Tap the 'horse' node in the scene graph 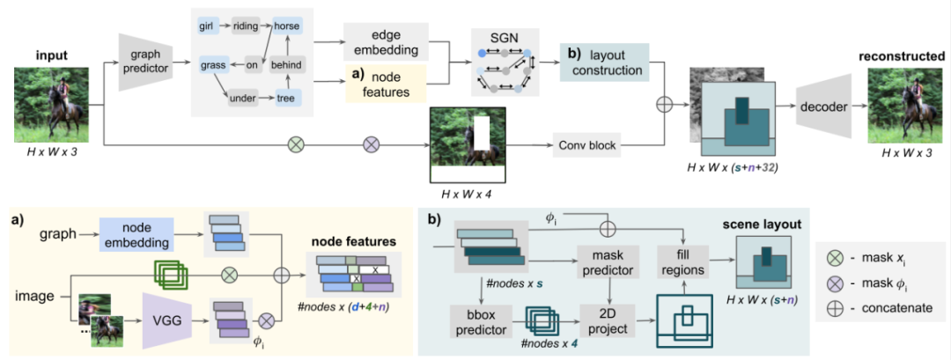pos(287,27)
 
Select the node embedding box pos(136,233)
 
